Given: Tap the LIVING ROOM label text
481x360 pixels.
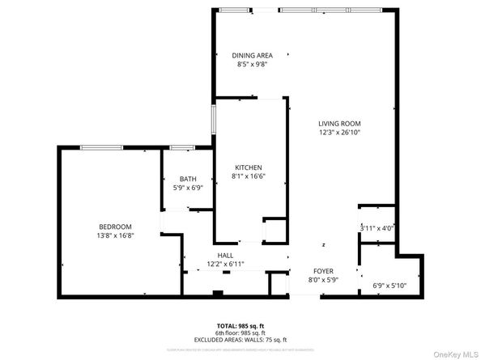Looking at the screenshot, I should [339, 123].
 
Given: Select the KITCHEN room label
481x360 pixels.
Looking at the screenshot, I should [249, 167].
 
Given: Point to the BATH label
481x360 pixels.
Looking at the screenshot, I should [188, 180].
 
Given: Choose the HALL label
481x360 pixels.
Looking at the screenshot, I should [225, 256].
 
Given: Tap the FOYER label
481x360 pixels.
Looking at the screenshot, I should [323, 271].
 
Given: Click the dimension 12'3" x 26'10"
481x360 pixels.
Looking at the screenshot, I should [339, 132].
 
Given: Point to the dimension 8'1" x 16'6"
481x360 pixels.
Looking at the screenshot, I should [249, 176].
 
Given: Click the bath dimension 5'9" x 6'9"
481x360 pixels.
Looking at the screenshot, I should [188, 188].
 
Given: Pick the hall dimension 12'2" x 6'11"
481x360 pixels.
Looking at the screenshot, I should [225, 264].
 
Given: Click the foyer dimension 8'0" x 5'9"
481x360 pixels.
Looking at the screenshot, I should [323, 280].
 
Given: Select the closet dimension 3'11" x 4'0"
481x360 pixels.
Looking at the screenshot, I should [377, 228].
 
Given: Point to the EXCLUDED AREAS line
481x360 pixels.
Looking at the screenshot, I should [240, 340].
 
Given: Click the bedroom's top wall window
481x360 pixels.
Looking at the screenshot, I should [102, 147].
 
